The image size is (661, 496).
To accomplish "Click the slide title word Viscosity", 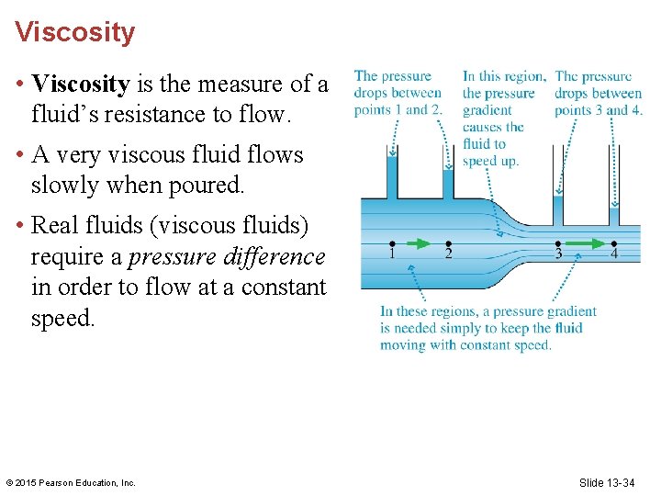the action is (x=74, y=33).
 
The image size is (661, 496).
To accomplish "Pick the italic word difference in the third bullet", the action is (x=275, y=257).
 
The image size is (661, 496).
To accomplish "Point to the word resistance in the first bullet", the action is (x=169, y=114).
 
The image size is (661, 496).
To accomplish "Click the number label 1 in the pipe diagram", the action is (x=392, y=254).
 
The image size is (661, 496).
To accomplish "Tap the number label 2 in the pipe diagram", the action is (x=448, y=254).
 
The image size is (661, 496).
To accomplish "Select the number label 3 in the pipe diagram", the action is (x=557, y=254).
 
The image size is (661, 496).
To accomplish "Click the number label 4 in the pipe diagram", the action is (x=613, y=254).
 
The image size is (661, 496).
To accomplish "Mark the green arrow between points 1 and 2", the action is (x=419, y=243).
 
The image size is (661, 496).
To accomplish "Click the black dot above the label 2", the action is (x=448, y=243).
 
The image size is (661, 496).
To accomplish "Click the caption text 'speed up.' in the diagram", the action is (x=491, y=161).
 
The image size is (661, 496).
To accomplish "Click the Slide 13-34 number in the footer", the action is (x=607, y=482).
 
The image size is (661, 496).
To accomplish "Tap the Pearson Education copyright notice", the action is (x=71, y=483).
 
